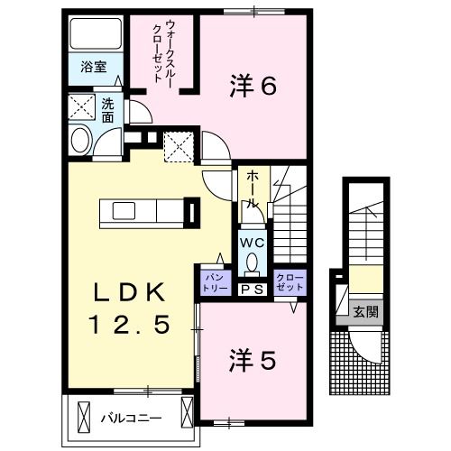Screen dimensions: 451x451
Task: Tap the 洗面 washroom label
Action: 107,109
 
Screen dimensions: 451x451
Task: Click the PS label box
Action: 251,289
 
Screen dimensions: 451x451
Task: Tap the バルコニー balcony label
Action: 130,418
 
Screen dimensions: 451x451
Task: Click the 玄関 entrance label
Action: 365,312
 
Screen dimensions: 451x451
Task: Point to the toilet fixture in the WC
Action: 252,263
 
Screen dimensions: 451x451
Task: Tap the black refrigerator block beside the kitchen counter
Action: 192,214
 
